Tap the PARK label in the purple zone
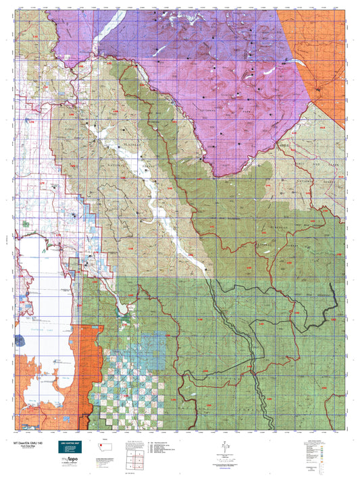click(254, 105)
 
